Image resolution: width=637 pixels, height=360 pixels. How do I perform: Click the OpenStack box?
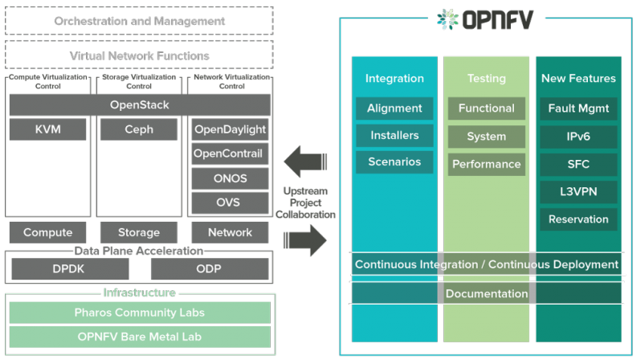[140, 105]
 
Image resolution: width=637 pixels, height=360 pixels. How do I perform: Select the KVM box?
[47, 129]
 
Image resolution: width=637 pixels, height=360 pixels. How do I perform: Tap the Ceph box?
[139, 129]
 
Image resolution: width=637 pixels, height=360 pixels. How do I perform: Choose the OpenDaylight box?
[230, 129]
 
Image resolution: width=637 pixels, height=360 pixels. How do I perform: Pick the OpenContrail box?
[230, 153]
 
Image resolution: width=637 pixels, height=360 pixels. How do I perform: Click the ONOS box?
[230, 178]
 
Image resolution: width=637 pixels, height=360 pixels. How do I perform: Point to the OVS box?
[230, 202]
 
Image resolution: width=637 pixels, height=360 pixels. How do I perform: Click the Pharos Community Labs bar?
[140, 313]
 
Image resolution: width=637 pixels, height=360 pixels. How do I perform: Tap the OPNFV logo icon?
[447, 18]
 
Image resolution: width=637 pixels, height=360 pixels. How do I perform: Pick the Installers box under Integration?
[394, 135]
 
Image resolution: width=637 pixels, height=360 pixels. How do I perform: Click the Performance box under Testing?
[487, 163]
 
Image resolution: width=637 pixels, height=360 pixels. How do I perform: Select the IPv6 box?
[578, 136]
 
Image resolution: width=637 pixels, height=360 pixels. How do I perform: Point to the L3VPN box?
[578, 191]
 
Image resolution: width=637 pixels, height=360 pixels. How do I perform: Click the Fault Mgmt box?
[578, 108]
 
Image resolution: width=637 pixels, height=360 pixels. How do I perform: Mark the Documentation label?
[487, 293]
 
